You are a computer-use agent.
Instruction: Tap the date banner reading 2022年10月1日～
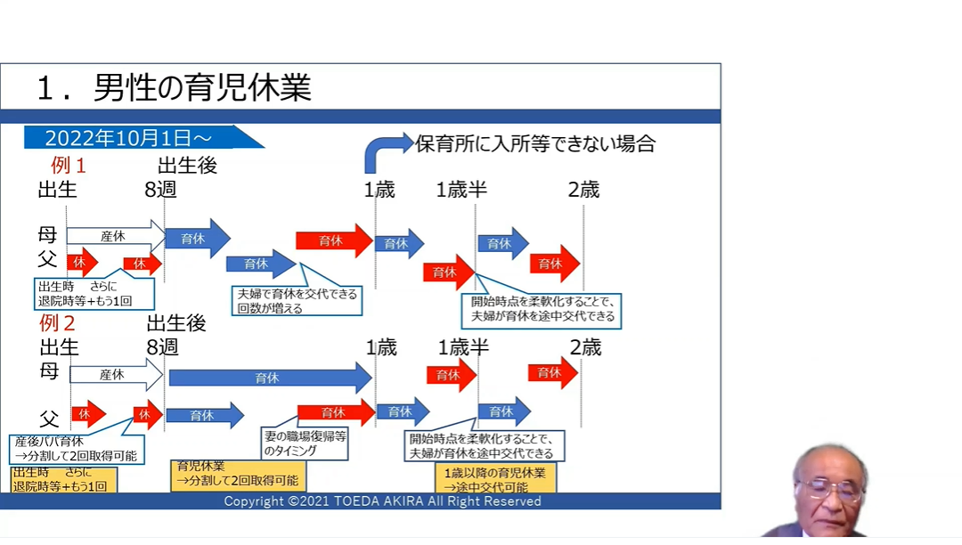point(128,138)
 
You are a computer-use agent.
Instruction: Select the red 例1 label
point(69,166)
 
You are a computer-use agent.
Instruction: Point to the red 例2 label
point(57,322)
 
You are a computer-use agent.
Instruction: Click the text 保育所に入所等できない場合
point(535,143)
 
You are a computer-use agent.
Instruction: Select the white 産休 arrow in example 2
point(115,375)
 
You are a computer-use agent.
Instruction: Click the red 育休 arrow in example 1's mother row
point(334,240)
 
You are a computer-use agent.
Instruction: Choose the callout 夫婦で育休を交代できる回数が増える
point(297,301)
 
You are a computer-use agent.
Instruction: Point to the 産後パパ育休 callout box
point(77,448)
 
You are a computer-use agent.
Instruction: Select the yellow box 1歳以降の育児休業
point(495,479)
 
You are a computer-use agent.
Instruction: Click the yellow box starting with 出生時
point(63,480)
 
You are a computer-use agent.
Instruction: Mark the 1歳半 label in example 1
point(461,189)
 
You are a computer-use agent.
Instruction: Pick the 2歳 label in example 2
point(585,347)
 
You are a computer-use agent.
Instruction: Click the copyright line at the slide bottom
point(382,501)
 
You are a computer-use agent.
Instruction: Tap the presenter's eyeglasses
point(829,488)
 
